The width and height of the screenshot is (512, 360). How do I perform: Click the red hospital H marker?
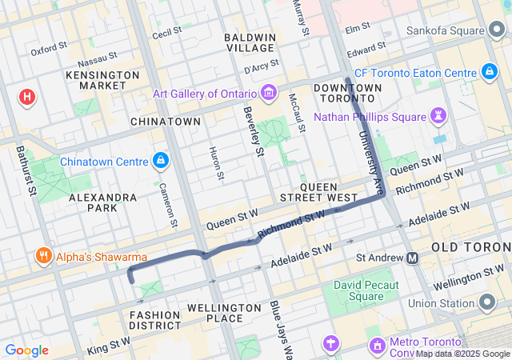pos(27,98)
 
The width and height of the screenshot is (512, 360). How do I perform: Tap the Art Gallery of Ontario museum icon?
pos(269,94)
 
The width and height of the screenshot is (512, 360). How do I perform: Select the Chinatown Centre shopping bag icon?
pos(162,160)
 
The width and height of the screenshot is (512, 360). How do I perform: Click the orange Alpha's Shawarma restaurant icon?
pos(42,257)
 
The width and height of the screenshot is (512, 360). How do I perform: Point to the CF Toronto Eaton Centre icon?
pos(489,73)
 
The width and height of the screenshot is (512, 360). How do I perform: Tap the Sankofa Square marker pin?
pos(497,31)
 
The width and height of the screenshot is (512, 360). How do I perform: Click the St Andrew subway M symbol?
pos(412,258)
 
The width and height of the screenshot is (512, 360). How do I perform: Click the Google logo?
pos(27,350)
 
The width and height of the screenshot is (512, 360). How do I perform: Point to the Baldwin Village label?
pos(250,42)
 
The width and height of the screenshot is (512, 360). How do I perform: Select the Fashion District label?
pos(155,320)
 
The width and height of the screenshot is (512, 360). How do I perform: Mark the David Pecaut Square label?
pos(359,291)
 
